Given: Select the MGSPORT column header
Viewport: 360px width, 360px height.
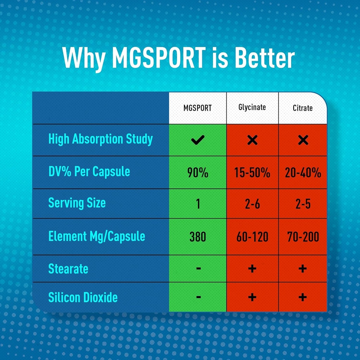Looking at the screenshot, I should tap(198, 108).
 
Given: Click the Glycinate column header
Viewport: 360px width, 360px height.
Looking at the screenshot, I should tap(252, 108).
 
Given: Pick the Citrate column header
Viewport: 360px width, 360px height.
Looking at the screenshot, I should tap(303, 108).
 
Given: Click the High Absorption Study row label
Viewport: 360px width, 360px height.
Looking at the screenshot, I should tap(101, 139).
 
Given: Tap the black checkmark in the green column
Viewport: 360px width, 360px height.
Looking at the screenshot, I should tap(198, 140).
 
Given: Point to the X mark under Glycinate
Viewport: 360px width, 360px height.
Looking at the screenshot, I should tap(252, 140).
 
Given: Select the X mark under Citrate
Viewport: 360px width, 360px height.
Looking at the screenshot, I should tap(303, 140).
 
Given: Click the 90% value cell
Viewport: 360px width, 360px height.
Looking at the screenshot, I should tap(198, 173).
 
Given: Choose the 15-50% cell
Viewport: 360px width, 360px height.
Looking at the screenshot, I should tap(252, 173).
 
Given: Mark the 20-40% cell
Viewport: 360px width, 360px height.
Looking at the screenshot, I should tap(303, 173).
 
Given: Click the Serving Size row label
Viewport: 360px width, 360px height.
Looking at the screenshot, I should tap(77, 203).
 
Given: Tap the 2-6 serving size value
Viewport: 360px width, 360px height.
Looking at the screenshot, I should tap(252, 204).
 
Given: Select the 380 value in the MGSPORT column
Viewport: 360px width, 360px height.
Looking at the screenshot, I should tap(198, 237).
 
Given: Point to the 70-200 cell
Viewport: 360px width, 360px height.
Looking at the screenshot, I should tap(303, 237).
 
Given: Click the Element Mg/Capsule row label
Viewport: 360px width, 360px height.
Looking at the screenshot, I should tap(97, 236).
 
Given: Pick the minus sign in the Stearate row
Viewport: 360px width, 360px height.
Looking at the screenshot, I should tap(198, 269).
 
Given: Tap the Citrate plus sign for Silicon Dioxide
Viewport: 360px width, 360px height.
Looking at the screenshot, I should tap(303, 297).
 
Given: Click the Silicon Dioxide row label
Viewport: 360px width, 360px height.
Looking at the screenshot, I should tap(83, 298).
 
